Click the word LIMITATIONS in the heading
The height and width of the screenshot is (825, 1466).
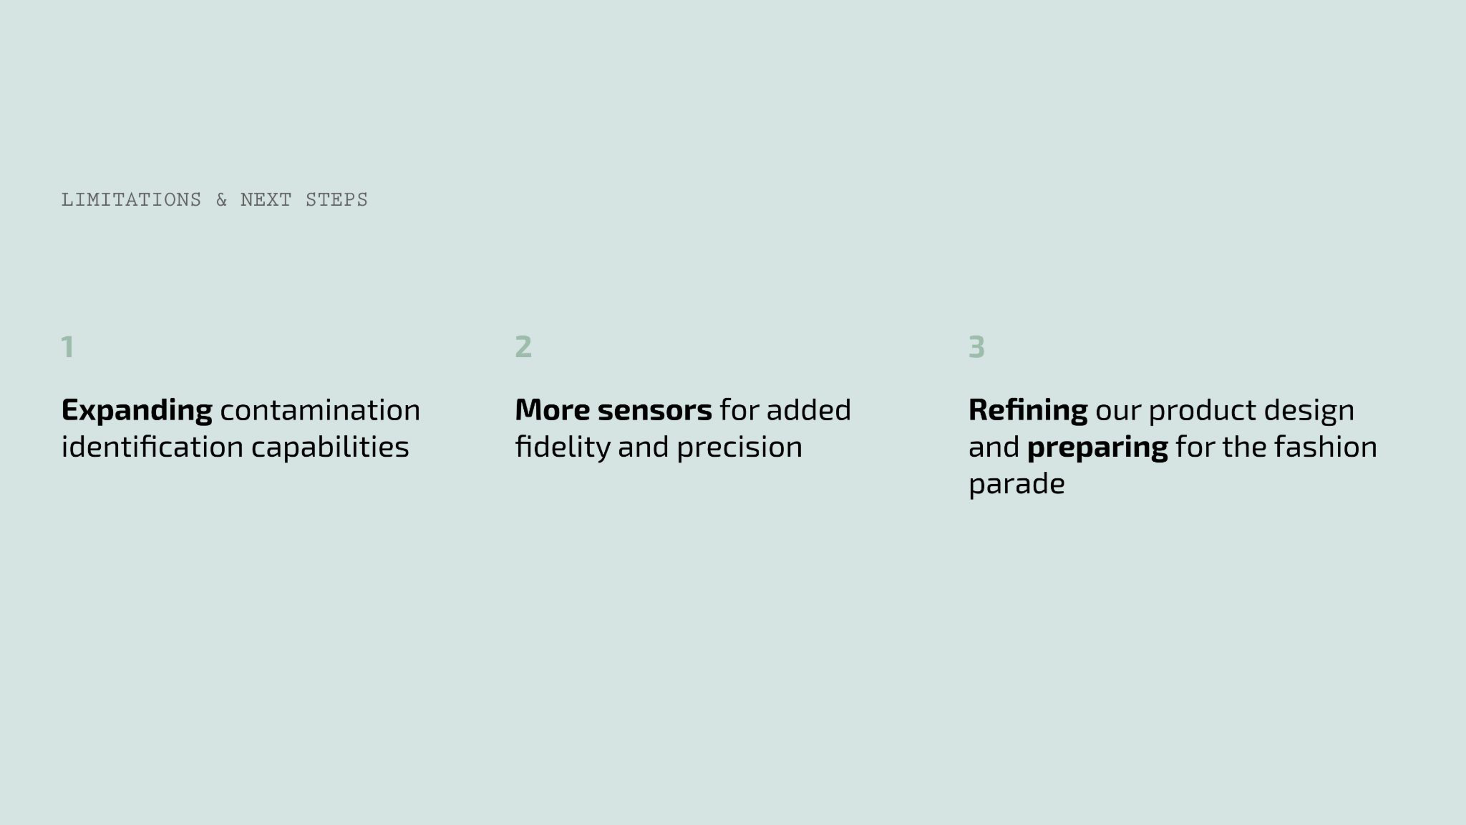[131, 200]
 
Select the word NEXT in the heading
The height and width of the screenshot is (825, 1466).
[266, 200]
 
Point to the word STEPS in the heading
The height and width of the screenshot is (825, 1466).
[336, 200]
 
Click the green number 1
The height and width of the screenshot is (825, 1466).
[68, 347]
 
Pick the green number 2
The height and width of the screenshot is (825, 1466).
[523, 347]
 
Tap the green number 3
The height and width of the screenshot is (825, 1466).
[977, 347]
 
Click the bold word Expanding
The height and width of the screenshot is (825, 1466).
[137, 411]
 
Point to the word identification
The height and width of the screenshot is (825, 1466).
[152, 447]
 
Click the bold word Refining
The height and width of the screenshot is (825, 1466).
[1028, 411]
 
